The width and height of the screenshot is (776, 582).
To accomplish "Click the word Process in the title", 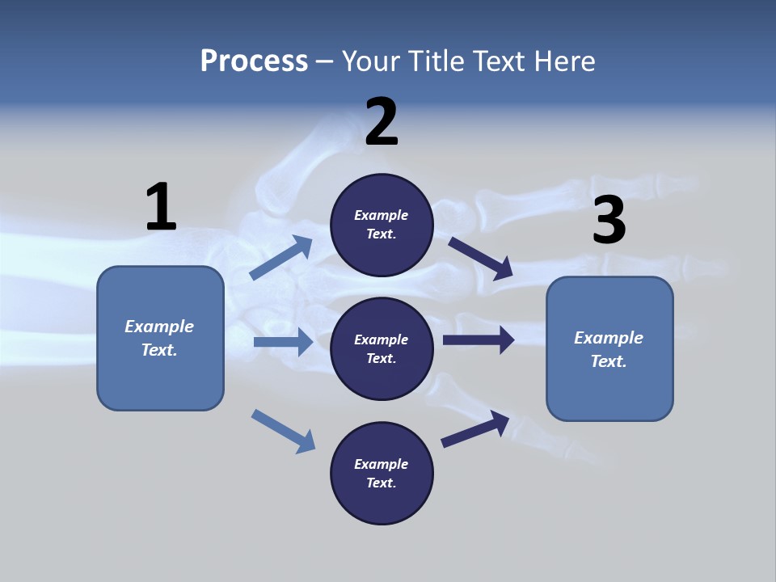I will pyautogui.click(x=254, y=61).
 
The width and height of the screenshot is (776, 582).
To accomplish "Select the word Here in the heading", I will pyautogui.click(x=563, y=61).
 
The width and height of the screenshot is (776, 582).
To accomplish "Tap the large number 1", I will pyautogui.click(x=161, y=207).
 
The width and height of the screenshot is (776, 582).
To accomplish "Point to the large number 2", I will pyautogui.click(x=382, y=122).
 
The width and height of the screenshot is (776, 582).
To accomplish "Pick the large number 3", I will pyautogui.click(x=609, y=221).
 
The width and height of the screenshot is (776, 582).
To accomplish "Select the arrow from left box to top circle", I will pyautogui.click(x=281, y=258).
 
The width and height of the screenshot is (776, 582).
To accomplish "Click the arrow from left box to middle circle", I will pyautogui.click(x=283, y=342).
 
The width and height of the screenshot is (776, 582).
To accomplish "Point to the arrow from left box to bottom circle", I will pyautogui.click(x=283, y=431).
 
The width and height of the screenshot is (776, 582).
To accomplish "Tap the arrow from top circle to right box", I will pyautogui.click(x=481, y=258).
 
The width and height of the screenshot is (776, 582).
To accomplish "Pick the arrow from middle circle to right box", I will pyautogui.click(x=479, y=340).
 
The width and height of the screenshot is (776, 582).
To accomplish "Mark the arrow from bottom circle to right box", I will pyautogui.click(x=475, y=428).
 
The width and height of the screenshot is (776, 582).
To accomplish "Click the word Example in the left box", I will pyautogui.click(x=159, y=327).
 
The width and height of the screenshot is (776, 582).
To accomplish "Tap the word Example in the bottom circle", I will pyautogui.click(x=382, y=464).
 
